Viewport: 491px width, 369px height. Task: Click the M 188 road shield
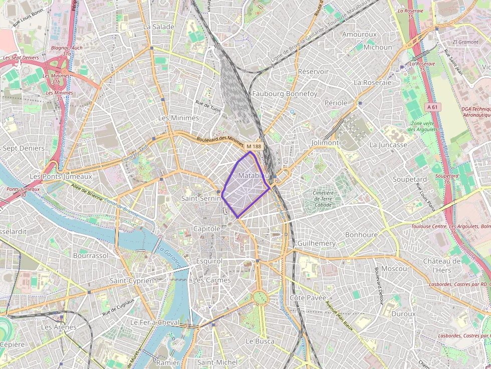[x=254, y=147]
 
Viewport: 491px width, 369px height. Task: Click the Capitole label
[x=206, y=229]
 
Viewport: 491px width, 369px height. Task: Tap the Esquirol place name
[x=209, y=261]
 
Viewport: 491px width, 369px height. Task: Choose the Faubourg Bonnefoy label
[x=285, y=94]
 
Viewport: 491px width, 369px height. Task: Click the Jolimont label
[x=325, y=143]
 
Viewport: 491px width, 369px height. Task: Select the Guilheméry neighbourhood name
[x=316, y=243]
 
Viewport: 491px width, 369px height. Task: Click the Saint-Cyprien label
[x=132, y=281]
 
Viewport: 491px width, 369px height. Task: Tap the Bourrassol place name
[x=91, y=255]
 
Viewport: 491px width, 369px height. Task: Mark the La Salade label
[x=159, y=27]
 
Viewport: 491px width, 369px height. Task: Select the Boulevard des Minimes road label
[x=220, y=141]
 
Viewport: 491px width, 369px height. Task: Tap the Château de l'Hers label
[x=441, y=265]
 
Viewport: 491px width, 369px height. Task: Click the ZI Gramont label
[x=465, y=42]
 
